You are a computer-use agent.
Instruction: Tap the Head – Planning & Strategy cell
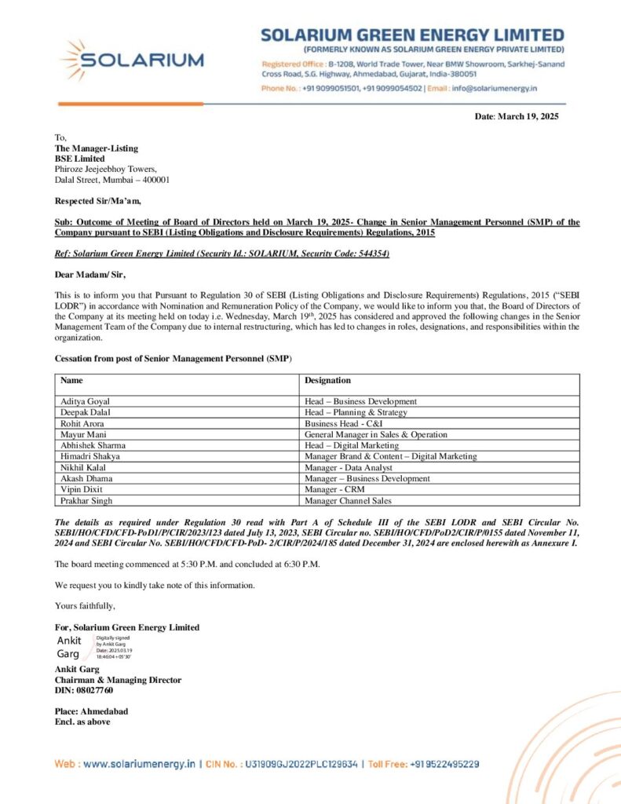tap(356, 412)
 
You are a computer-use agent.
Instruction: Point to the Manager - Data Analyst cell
tap(345, 467)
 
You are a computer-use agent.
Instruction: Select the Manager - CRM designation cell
tap(334, 489)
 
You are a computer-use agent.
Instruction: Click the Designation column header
tap(327, 380)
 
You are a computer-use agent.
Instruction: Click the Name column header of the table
tap(71, 380)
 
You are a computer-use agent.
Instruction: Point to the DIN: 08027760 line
tap(83, 690)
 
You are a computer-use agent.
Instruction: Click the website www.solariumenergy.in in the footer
tap(138, 763)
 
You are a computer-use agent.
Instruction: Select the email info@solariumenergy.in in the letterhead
tap(496, 89)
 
